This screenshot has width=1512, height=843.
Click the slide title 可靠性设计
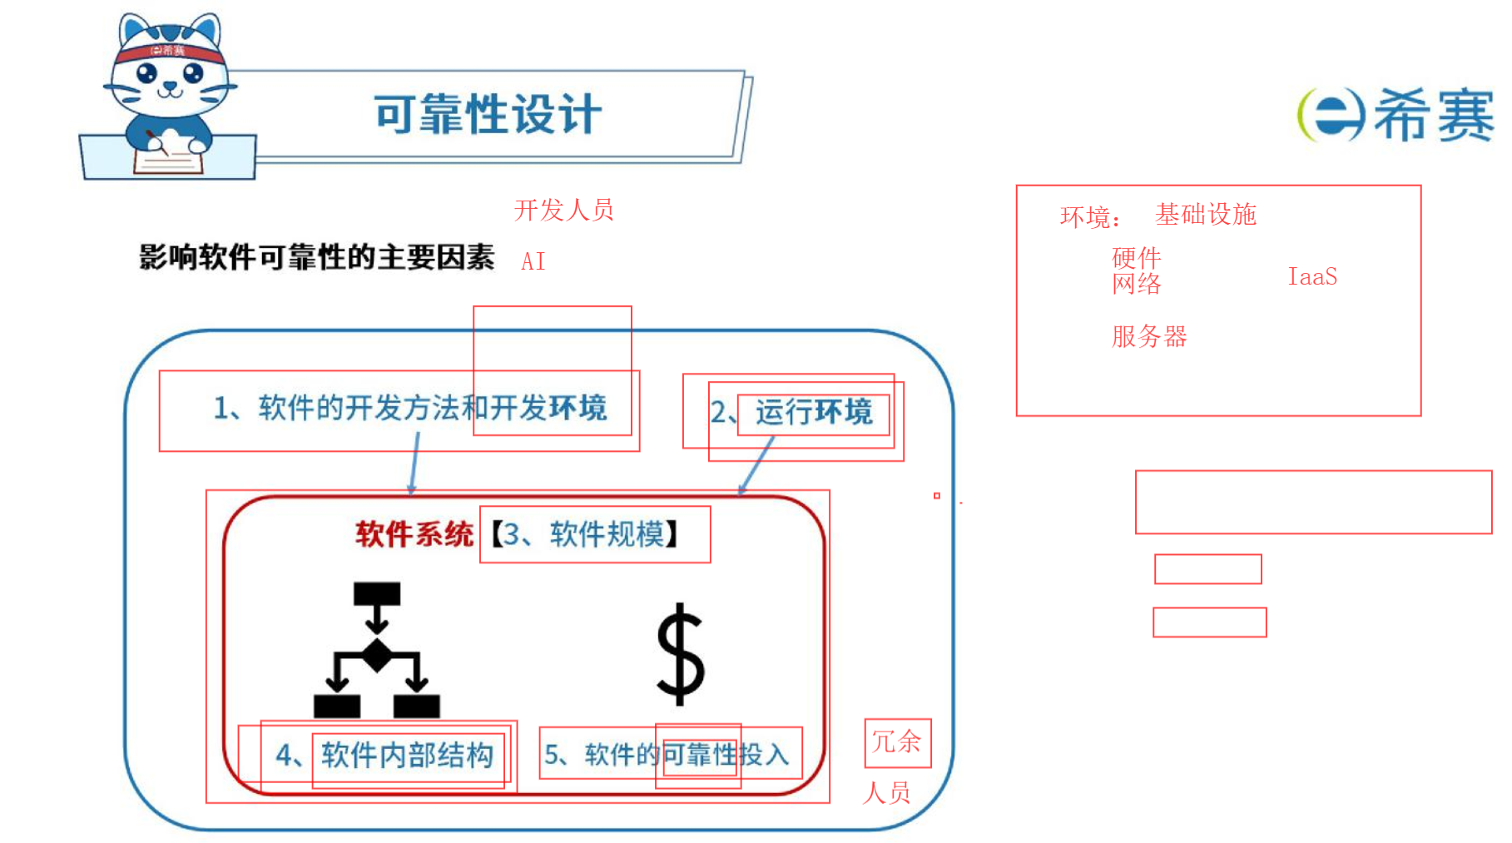tap(487, 114)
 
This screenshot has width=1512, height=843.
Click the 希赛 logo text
tap(1433, 115)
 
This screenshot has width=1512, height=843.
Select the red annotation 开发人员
tap(563, 210)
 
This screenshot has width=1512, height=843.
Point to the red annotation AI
tap(533, 261)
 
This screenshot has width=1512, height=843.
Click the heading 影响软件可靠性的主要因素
tap(316, 257)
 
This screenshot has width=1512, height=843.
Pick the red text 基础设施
tap(1205, 215)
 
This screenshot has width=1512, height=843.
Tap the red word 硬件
tap(1136, 257)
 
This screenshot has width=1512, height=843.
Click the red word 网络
tap(1136, 284)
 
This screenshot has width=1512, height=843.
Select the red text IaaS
tap(1312, 276)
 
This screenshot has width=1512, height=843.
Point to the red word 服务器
tap(1149, 336)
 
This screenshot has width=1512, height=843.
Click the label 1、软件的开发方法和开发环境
tap(409, 408)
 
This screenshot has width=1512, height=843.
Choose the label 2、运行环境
tap(791, 412)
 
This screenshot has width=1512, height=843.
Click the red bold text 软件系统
tap(414, 533)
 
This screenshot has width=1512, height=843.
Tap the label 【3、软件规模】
tap(586, 533)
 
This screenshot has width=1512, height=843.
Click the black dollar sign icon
tap(680, 654)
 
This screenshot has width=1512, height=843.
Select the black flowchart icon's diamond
tap(377, 655)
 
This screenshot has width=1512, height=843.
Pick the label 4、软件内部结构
tap(384, 755)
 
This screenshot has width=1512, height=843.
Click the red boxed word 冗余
tap(896, 741)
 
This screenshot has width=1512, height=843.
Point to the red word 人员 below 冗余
tap(886, 792)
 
